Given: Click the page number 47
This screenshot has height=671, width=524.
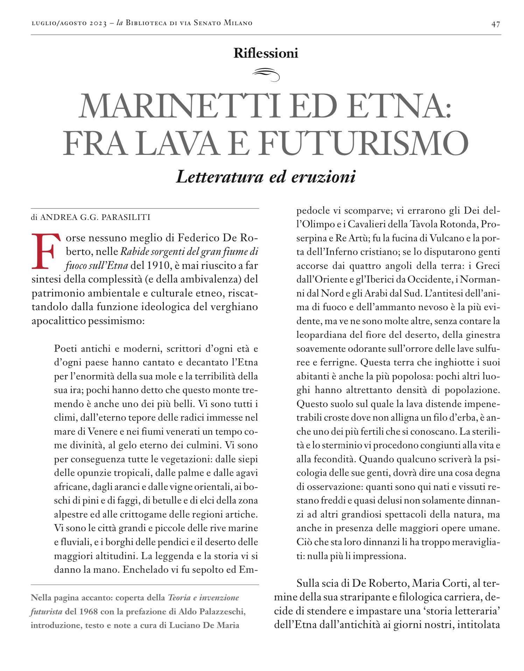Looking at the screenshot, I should [496, 24].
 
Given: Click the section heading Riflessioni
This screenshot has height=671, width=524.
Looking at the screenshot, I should [266, 53].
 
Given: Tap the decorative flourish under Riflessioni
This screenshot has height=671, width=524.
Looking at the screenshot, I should [266, 74].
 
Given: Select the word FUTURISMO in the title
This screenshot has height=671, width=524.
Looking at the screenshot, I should [364, 143].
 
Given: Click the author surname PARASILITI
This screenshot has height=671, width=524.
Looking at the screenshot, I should [125, 217].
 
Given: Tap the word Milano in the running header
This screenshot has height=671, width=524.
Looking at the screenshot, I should [238, 23].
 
